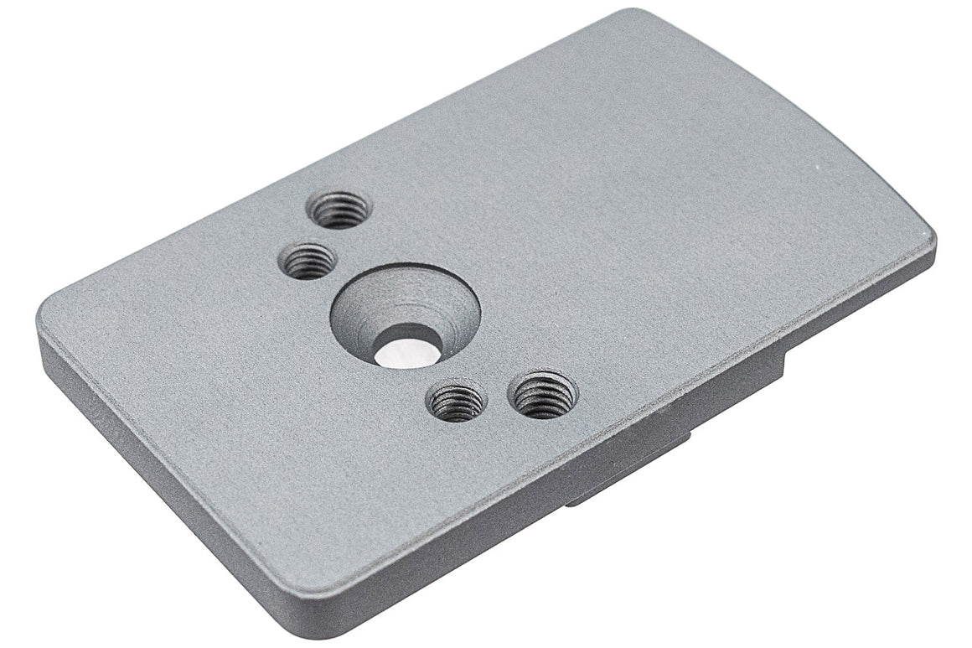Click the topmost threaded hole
click(x=339, y=210)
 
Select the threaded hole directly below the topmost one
click(x=308, y=261)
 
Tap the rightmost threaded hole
click(x=544, y=393)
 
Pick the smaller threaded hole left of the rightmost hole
click(x=457, y=402)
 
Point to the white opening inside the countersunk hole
click(x=406, y=353)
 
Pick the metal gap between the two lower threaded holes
click(x=499, y=399)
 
